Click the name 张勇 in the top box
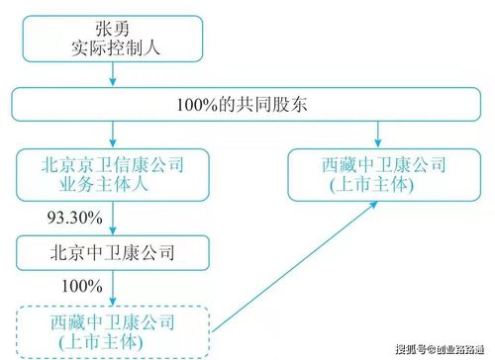pos(115,23)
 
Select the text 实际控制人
pos(115,44)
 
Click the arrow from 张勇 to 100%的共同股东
pos(115,72)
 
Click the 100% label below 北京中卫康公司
pos(82,286)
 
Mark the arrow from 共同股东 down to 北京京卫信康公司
pos(115,134)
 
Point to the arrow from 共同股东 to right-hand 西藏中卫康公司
pos(379,135)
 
